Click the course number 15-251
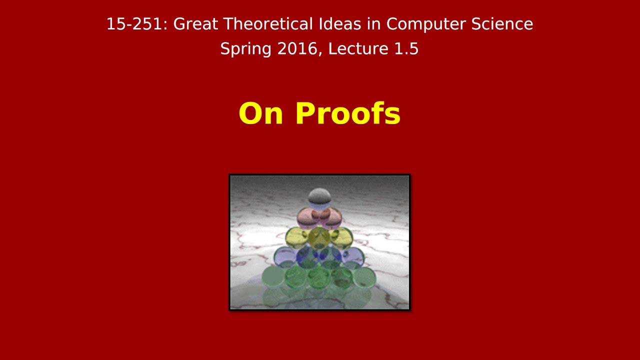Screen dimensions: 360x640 click(x=134, y=24)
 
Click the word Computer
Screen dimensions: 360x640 click(x=426, y=24)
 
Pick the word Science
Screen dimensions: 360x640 click(x=504, y=24)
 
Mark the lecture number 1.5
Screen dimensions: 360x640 click(x=406, y=49)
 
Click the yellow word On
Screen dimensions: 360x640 click(x=261, y=113)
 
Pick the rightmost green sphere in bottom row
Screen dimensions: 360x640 click(x=365, y=277)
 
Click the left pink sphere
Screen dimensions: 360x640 click(x=307, y=217)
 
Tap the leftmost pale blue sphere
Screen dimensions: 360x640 click(x=284, y=257)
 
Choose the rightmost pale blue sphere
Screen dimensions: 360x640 click(x=354, y=257)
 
